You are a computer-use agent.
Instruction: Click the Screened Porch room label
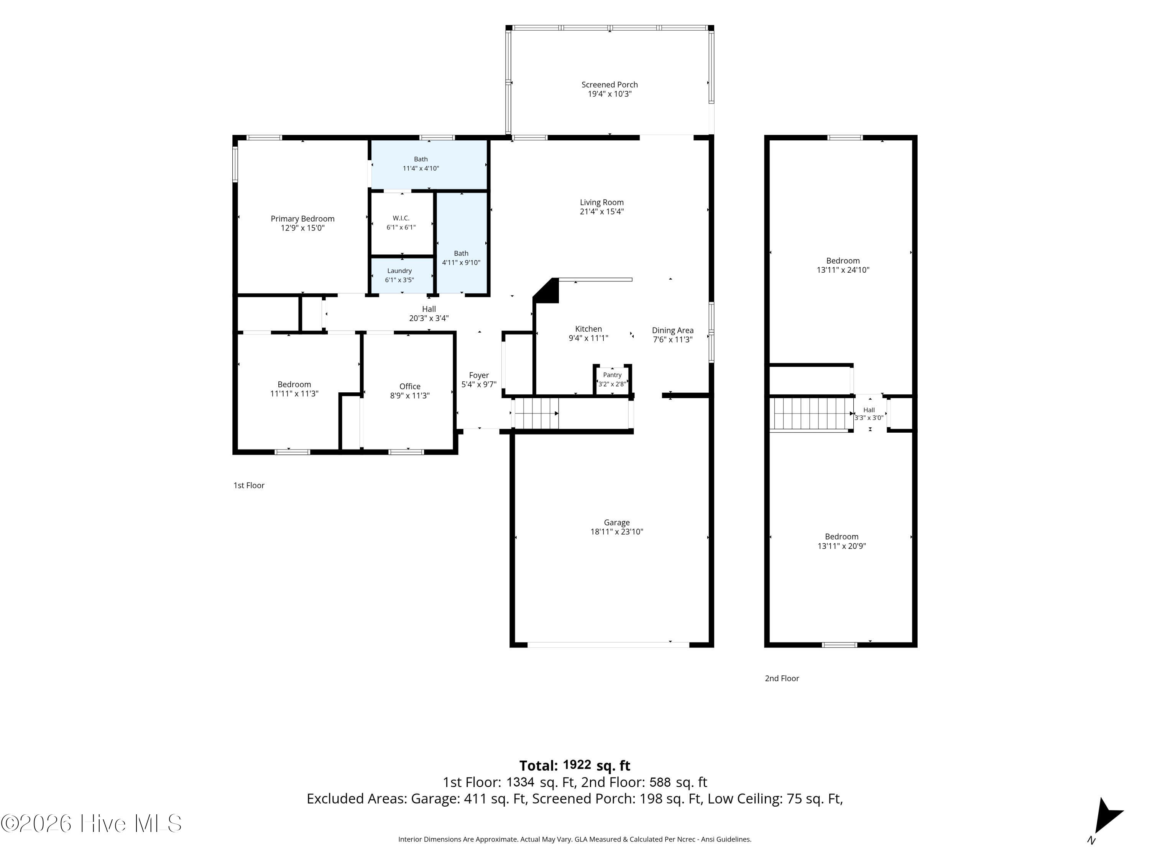pyautogui.click(x=609, y=84)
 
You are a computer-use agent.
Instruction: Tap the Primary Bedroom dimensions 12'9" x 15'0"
pyautogui.click(x=302, y=228)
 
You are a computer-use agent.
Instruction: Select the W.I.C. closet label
pyautogui.click(x=401, y=218)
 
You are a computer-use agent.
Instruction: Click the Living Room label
pyautogui.click(x=601, y=203)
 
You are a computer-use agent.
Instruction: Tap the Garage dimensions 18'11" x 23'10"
pyautogui.click(x=616, y=532)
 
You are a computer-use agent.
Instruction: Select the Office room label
pyautogui.click(x=410, y=386)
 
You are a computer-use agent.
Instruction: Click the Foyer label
pyautogui.click(x=479, y=375)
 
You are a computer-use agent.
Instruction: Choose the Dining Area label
pyautogui.click(x=673, y=330)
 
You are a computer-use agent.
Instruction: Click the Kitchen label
pyautogui.click(x=588, y=329)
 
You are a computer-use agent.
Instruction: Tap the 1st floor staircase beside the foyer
pyautogui.click(x=536, y=413)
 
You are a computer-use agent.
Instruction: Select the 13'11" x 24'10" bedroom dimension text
pyautogui.click(x=843, y=270)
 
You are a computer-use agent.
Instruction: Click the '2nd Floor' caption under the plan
pyautogui.click(x=782, y=679)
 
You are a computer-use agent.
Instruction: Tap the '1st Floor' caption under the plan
pyautogui.click(x=249, y=485)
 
